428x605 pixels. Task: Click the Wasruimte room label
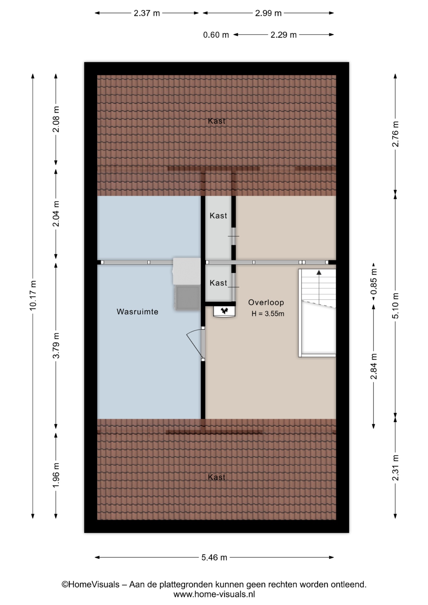pyautogui.click(x=137, y=312)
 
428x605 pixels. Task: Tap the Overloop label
pyautogui.click(x=266, y=302)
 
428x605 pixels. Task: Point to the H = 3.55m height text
pyautogui.click(x=268, y=314)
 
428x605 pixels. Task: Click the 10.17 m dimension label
pyautogui.click(x=33, y=295)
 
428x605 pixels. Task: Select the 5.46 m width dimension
pyautogui.click(x=214, y=557)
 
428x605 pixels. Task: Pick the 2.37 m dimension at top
pyautogui.click(x=147, y=13)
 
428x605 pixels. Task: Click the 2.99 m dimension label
pyautogui.click(x=268, y=13)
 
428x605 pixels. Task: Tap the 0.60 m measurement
pyautogui.click(x=216, y=35)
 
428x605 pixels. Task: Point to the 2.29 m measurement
pyautogui.click(x=284, y=35)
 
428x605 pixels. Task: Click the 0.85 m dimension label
pyautogui.click(x=374, y=281)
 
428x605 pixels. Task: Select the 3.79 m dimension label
pyautogui.click(x=56, y=346)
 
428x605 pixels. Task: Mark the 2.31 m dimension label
pyautogui.click(x=395, y=468)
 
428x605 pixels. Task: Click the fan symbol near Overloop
pyautogui.click(x=224, y=311)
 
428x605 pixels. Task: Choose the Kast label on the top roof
pyautogui.click(x=217, y=121)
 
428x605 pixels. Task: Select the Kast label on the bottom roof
pyautogui.click(x=217, y=477)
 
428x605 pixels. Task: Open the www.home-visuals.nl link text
pyautogui.click(x=214, y=595)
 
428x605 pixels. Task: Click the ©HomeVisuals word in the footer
pyautogui.click(x=90, y=585)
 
